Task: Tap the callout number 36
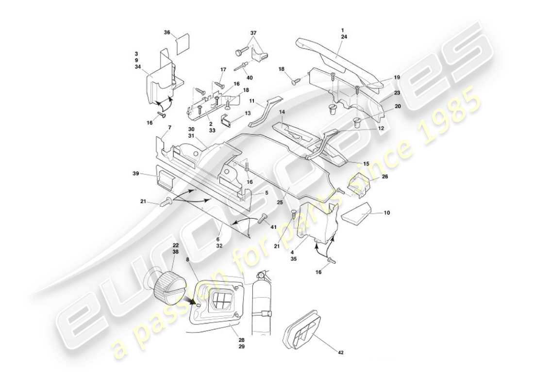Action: pyautogui.click(x=167, y=33)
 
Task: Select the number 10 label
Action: pyautogui.click(x=386, y=213)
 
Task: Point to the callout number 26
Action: pyautogui.click(x=384, y=177)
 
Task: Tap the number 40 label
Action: pyautogui.click(x=249, y=78)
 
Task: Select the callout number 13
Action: pyautogui.click(x=248, y=113)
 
